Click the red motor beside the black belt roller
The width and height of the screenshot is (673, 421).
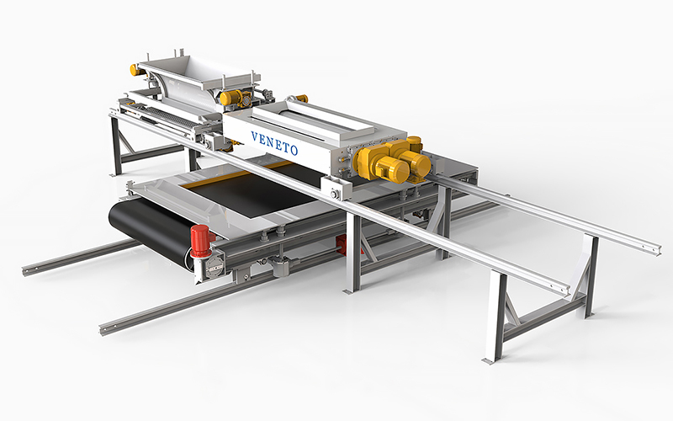pyautogui.click(x=199, y=240)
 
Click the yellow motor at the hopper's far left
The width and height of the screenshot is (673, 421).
pyautogui.click(x=135, y=70)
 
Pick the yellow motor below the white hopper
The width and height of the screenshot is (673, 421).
pyautogui.click(x=229, y=98)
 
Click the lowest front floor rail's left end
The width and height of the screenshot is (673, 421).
pyautogui.click(x=105, y=327)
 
